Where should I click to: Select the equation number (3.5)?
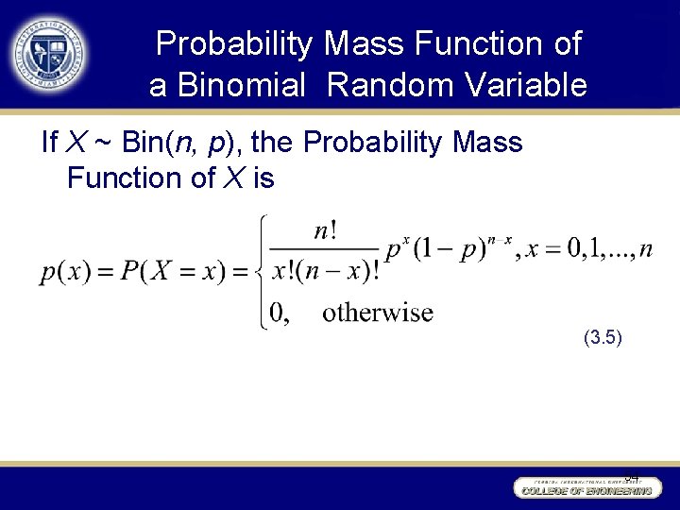point(602,335)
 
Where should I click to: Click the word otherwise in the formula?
point(377,313)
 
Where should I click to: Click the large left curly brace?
point(261,271)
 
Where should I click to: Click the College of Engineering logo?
point(586,486)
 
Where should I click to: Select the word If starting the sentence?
point(51,144)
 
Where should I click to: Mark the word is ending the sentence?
point(263,178)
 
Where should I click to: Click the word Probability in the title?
point(234,43)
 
